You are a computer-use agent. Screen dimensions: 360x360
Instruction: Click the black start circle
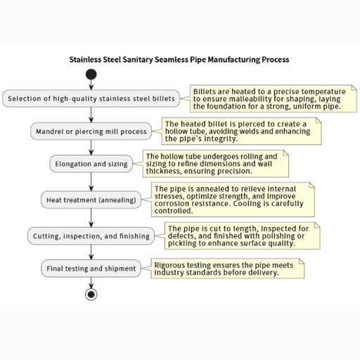91,75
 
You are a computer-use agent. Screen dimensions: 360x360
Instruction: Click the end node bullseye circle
91,295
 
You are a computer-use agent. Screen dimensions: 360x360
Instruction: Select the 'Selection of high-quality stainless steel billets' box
91,98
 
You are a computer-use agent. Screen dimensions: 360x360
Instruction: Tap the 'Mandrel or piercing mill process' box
91,131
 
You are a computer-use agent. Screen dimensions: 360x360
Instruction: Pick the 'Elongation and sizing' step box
91,164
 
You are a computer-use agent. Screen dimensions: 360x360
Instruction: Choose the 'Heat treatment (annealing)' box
91,200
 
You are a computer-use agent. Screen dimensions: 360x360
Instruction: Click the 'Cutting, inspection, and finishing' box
91,236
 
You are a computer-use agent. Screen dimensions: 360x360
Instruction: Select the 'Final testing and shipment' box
91,268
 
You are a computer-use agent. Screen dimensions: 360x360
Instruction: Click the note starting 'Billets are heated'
274,98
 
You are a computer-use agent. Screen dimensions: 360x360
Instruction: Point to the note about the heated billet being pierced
242,131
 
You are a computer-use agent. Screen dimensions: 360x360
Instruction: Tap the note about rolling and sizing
216,164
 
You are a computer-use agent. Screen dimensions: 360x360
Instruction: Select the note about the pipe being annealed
233,200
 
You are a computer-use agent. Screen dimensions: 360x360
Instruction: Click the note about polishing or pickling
243,236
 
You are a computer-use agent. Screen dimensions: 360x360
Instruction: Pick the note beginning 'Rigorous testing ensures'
228,269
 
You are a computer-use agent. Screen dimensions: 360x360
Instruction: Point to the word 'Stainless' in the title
85,60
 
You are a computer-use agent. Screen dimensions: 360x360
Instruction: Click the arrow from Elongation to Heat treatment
91,182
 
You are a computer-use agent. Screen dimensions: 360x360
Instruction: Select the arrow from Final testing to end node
91,283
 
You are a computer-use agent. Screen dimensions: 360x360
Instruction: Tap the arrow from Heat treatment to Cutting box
91,218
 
